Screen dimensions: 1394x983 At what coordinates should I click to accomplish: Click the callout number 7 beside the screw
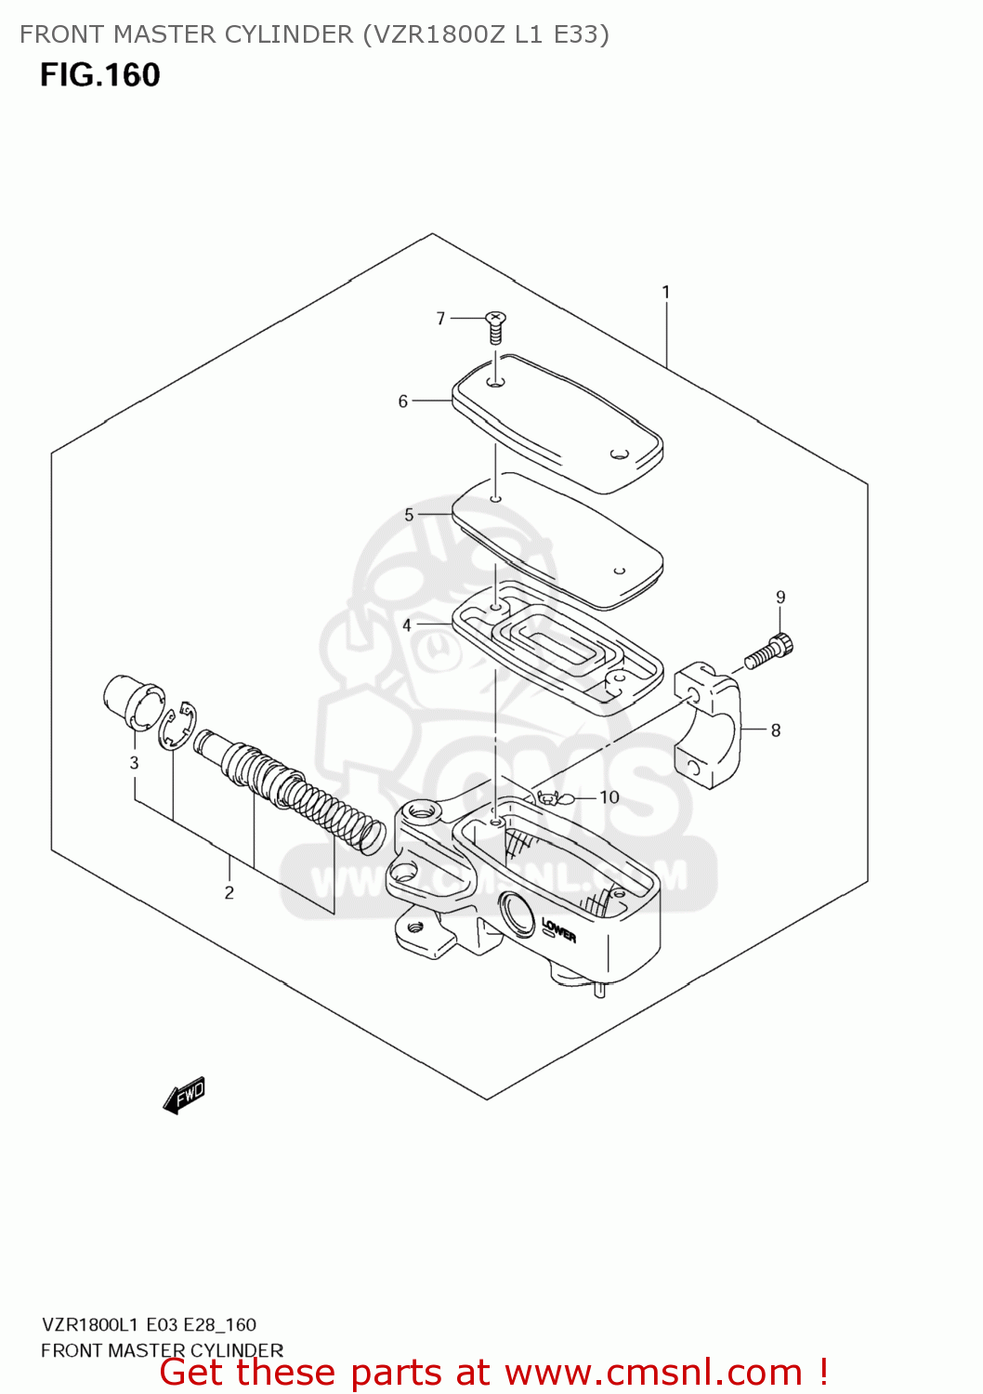tap(440, 319)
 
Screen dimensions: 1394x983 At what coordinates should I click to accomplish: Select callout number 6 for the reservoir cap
tap(403, 401)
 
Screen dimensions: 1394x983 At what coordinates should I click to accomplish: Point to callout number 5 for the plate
tap(409, 515)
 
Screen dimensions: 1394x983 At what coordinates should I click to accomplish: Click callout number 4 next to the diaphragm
tap(407, 625)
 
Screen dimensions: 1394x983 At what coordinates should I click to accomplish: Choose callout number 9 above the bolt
tap(780, 598)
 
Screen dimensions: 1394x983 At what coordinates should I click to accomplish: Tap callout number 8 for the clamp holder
tap(776, 730)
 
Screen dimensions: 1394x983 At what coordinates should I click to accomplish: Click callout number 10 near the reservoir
tap(609, 797)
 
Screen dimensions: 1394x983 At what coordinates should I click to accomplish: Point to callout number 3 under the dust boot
tap(134, 763)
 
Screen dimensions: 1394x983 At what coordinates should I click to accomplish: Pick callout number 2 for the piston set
tap(229, 893)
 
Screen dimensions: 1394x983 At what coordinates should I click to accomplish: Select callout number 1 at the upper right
tap(666, 293)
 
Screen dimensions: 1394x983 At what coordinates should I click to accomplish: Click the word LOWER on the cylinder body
tap(558, 929)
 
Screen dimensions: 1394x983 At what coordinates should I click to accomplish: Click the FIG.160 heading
tap(100, 75)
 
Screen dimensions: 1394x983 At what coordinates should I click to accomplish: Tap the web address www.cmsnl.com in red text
tap(653, 1373)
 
